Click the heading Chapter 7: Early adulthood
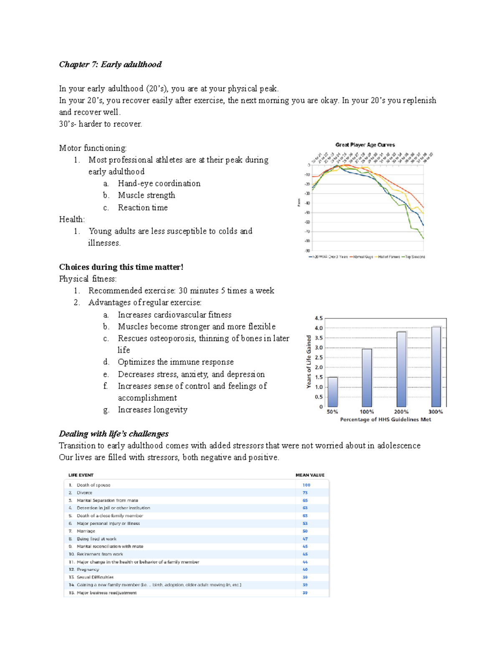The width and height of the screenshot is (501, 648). [x=110, y=64]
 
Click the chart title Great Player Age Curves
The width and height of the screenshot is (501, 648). [x=365, y=145]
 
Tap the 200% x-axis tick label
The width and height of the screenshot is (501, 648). [x=401, y=411]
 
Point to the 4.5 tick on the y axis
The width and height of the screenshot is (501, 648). [x=319, y=318]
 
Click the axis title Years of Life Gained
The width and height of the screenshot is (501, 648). [x=309, y=362]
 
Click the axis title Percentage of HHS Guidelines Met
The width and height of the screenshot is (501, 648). [x=385, y=419]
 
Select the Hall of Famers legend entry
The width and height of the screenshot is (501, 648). [x=388, y=257]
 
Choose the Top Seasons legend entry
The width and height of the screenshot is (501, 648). [x=414, y=257]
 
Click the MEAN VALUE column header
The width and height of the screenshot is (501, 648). [x=310, y=475]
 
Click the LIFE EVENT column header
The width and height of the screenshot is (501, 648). [x=81, y=475]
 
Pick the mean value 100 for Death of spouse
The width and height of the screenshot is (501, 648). [x=306, y=485]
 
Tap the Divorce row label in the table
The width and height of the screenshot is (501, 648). [x=84, y=493]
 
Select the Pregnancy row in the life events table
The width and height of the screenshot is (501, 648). [x=88, y=570]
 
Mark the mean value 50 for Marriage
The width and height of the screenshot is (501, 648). [x=305, y=531]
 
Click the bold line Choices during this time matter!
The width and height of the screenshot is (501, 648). [x=121, y=267]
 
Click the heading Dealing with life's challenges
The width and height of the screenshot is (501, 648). [x=114, y=434]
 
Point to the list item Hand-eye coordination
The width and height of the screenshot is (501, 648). [x=159, y=184]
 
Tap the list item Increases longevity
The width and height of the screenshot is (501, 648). [x=152, y=410]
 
